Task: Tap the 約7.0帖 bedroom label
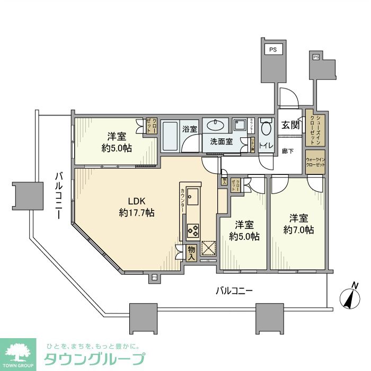tap(298, 224)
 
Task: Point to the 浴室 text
tap(190, 129)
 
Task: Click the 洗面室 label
tap(222, 142)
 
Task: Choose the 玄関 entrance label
tap(290, 125)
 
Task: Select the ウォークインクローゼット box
tap(315, 162)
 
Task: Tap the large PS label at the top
tap(273, 50)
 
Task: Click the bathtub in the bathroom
tap(170, 137)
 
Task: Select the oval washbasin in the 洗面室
tap(215, 126)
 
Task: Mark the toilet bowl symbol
tap(266, 127)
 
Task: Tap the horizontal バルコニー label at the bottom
tap(234, 291)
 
